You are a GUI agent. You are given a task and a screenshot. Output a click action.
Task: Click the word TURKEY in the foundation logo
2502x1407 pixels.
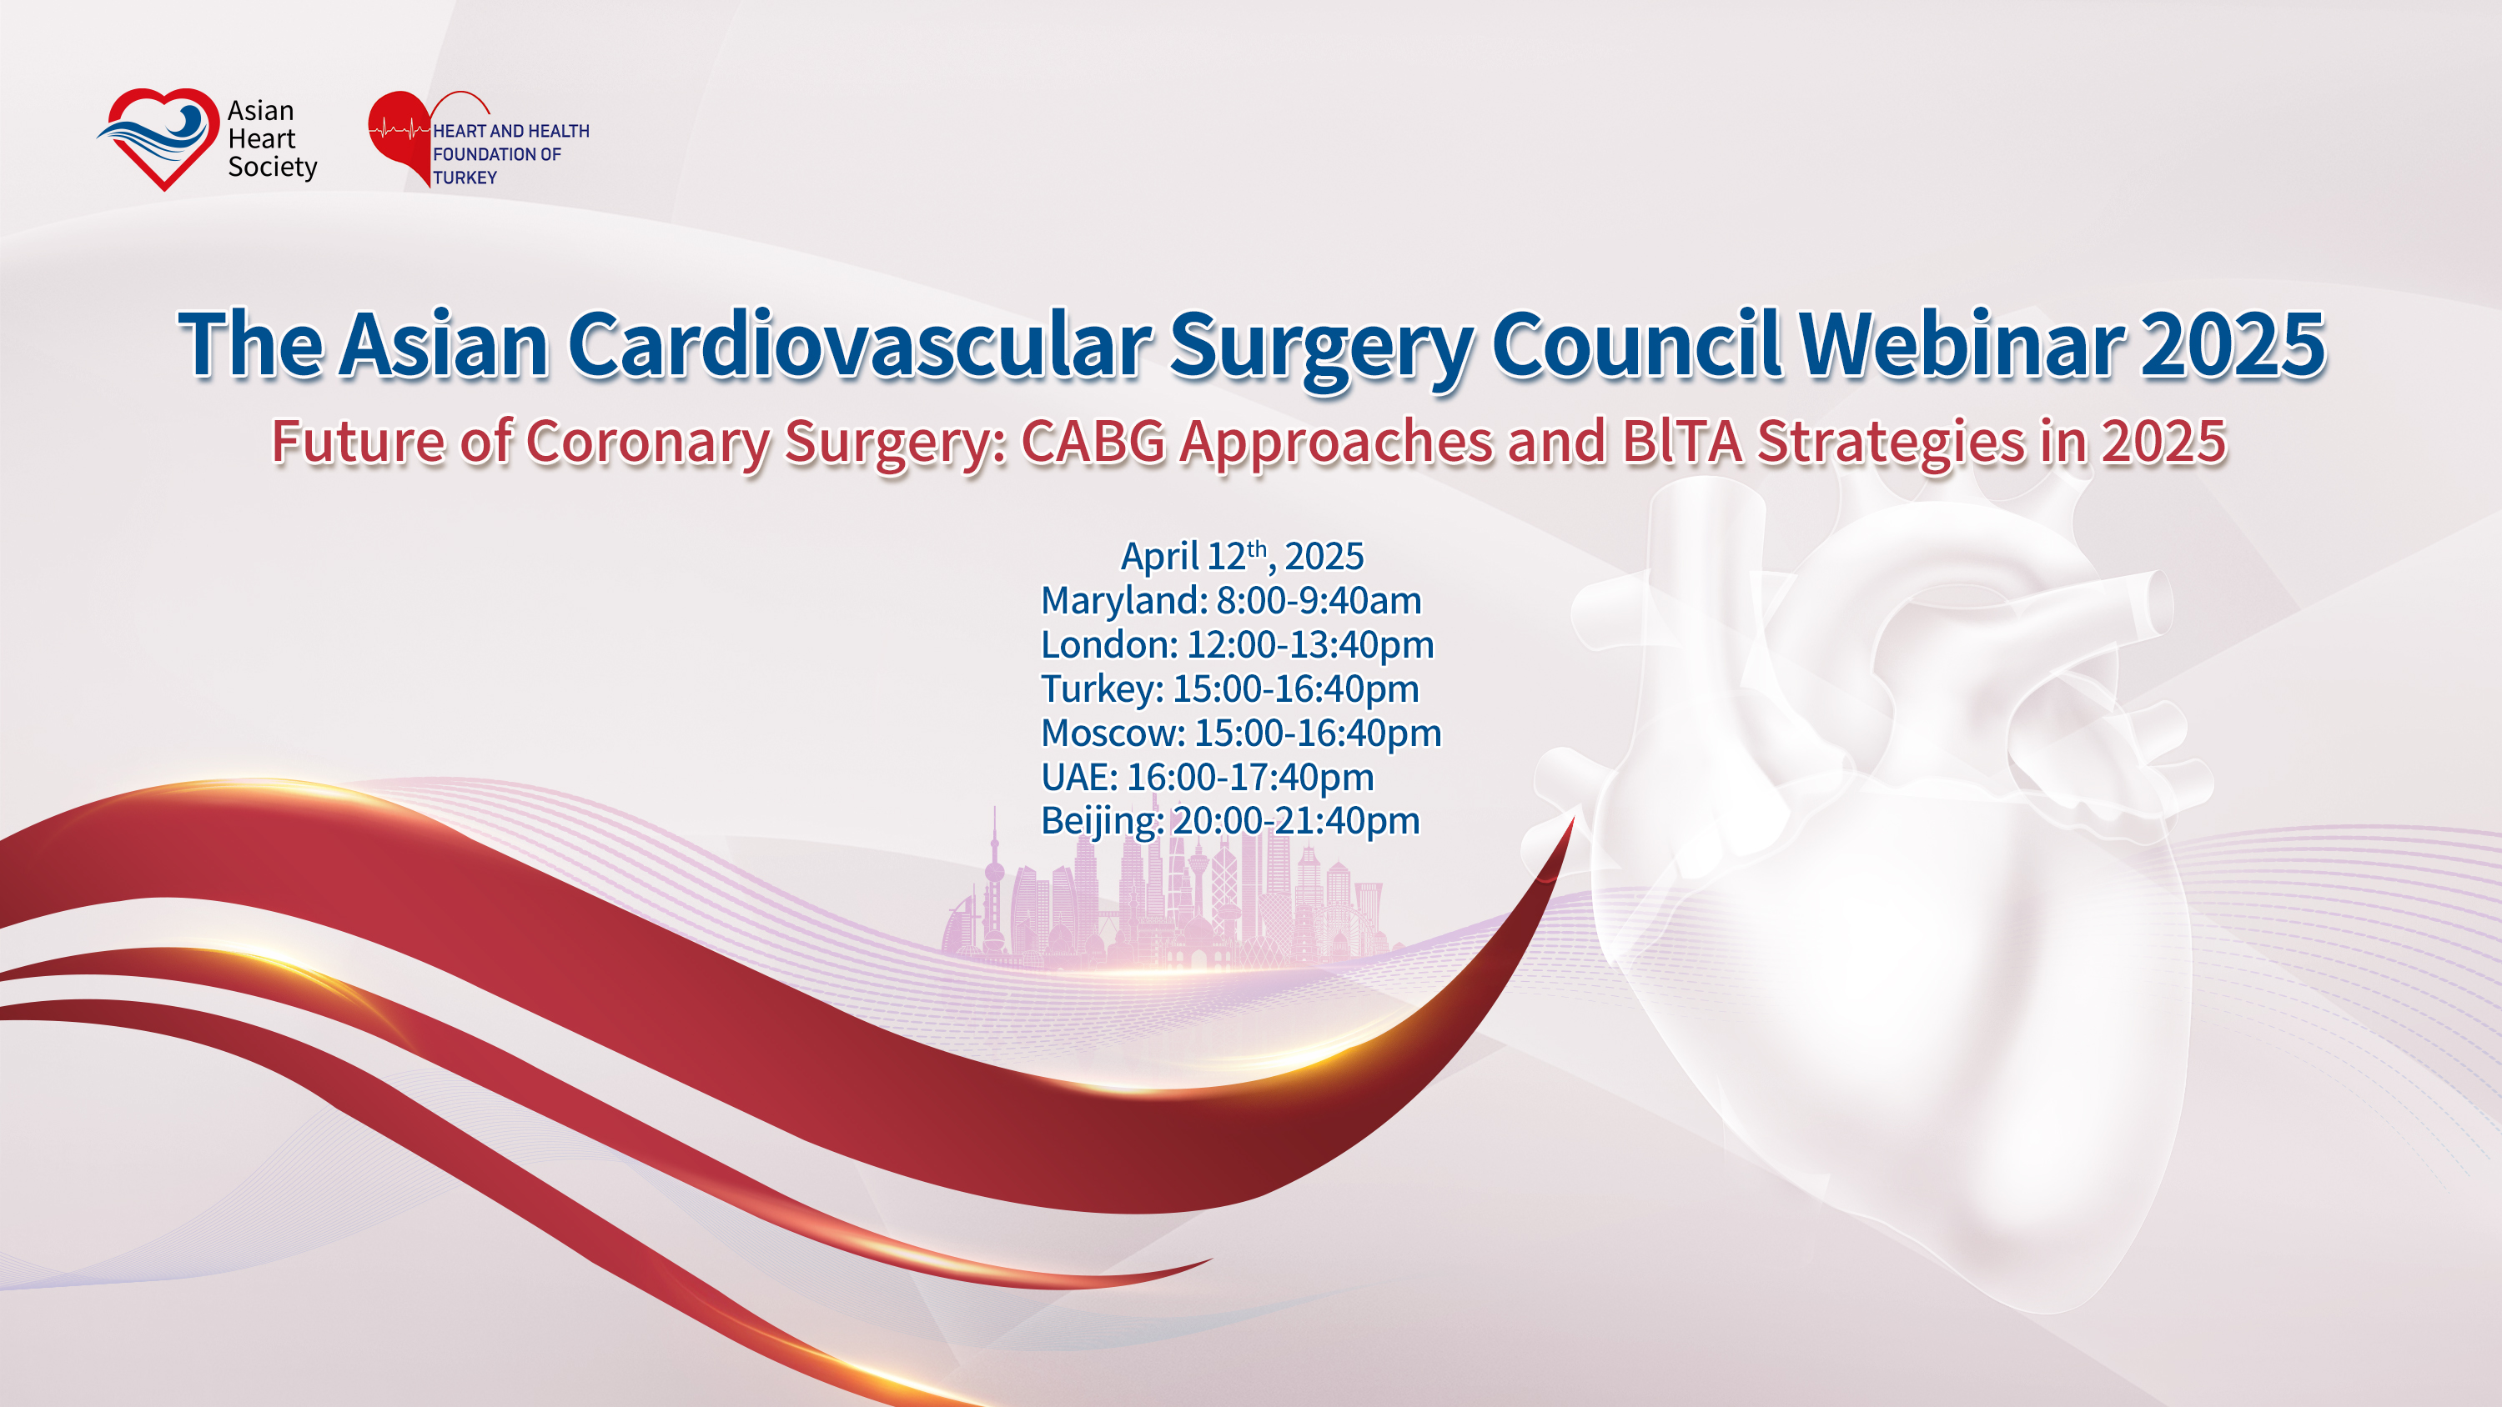pyautogui.click(x=465, y=178)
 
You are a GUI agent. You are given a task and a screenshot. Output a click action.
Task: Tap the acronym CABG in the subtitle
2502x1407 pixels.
pyautogui.click(x=1093, y=442)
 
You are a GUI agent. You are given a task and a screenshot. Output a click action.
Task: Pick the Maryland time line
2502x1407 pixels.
pyautogui.click(x=1231, y=601)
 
